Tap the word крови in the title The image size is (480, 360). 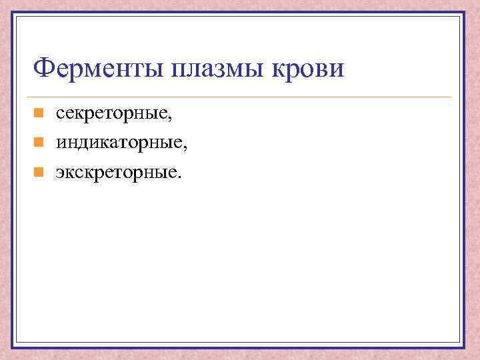point(311,68)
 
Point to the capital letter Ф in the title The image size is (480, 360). point(45,68)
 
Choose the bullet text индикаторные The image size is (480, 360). point(120,143)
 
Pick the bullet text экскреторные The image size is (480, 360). point(117,173)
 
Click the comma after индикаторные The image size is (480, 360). point(185,148)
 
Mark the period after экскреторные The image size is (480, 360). point(178,177)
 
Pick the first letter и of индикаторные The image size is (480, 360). point(61,143)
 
